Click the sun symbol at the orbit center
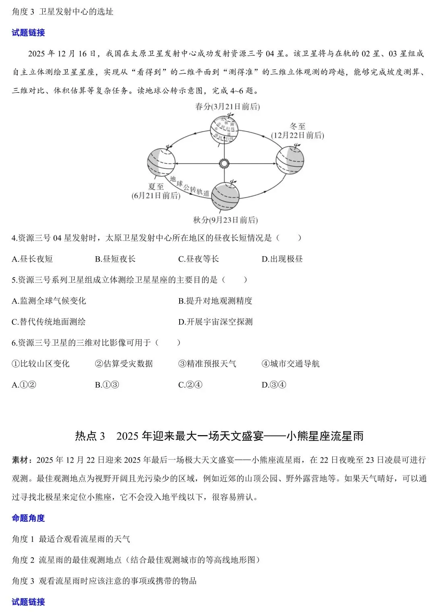[224, 163]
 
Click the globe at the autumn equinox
[225, 196]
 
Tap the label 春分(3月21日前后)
[227, 107]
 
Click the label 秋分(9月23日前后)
[225, 220]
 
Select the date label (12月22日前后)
[297, 135]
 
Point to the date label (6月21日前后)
[156, 196]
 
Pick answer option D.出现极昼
[282, 259]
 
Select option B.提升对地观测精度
[215, 301]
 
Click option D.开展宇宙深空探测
[215, 322]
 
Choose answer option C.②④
[190, 385]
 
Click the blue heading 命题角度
[28, 518]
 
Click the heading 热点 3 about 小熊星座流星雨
[219, 436]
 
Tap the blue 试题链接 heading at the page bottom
[28, 602]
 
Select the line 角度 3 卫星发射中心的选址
[62, 12]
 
